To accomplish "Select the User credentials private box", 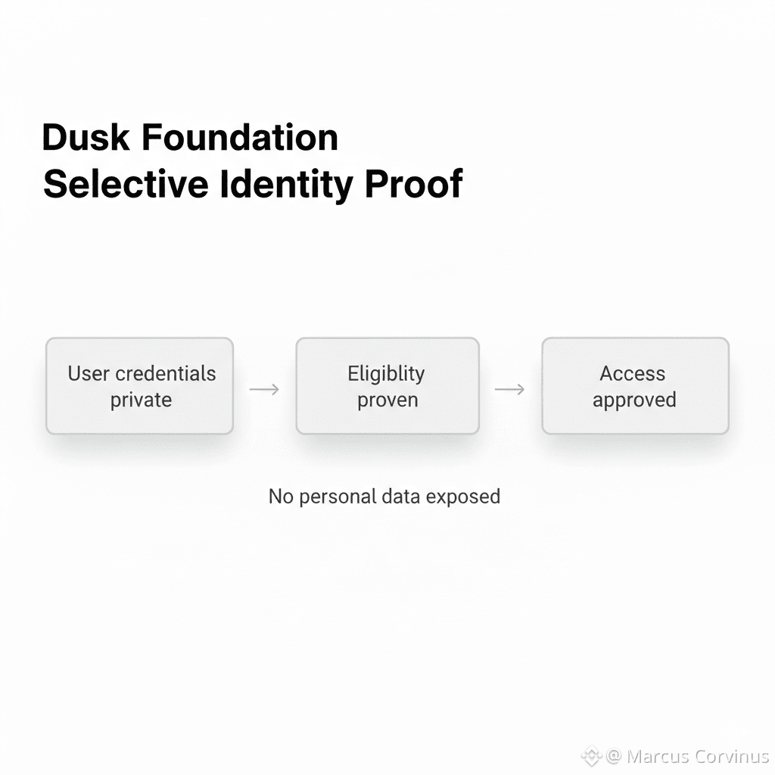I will (x=140, y=386).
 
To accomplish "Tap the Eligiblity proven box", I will (x=387, y=386).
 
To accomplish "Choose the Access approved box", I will (x=635, y=386).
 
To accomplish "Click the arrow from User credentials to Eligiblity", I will (x=264, y=389).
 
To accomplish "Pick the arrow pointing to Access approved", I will (x=509, y=389).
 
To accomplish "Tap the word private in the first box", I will (x=142, y=400).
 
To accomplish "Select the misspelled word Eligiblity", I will (x=387, y=374).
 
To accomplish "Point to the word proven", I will (x=387, y=400).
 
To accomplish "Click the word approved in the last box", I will (x=634, y=400).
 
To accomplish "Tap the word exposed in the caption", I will (x=463, y=496).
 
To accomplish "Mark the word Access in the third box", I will (x=633, y=373).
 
